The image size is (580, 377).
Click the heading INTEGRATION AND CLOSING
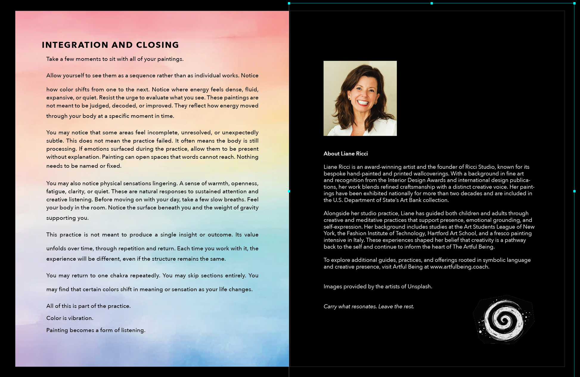pyautogui.click(x=110, y=45)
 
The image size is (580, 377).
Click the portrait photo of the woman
pyautogui.click(x=360, y=98)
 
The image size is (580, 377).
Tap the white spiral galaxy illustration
pyautogui.click(x=504, y=320)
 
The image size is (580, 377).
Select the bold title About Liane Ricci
pyautogui.click(x=345, y=154)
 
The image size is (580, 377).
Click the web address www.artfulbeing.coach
pyautogui.click(x=459, y=267)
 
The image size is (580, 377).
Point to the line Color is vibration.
pyautogui.click(x=70, y=318)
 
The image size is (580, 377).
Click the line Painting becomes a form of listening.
pyautogui.click(x=96, y=330)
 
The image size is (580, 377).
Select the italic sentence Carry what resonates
pyautogui.click(x=369, y=306)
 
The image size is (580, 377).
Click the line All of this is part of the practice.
pyautogui.click(x=88, y=306)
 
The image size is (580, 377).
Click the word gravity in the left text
pyautogui.click(x=249, y=208)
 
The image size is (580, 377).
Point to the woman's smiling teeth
pyautogui.click(x=363, y=103)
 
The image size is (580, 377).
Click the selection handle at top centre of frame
pyautogui.click(x=432, y=3)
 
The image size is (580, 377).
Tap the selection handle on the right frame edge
pyautogui.click(x=574, y=191)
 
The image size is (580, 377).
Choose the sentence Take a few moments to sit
pyautogui.click(x=115, y=59)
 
